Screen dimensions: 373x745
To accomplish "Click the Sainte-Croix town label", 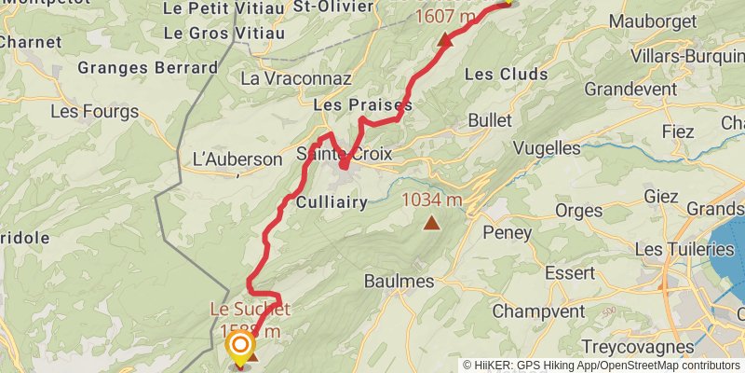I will coord(345,153).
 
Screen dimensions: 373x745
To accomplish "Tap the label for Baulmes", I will coord(399,281).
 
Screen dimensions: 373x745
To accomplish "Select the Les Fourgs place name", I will coord(94,112).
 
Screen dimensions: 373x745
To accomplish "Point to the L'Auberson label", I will coord(236,159).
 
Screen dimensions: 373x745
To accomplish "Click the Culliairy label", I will coord(331,201).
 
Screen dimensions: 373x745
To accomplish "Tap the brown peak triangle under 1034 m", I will coord(431,222).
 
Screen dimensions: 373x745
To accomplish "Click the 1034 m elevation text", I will coord(431,200).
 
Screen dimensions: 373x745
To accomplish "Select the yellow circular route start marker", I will coord(240,348).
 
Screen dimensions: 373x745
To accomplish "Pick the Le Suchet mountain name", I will coord(250,309).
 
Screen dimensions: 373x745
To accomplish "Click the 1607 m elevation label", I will coord(445,17).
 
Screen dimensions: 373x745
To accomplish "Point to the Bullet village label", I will coord(490,120).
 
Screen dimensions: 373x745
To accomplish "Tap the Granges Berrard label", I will coord(148,67).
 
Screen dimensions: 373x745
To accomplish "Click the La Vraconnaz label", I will coord(295,79).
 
